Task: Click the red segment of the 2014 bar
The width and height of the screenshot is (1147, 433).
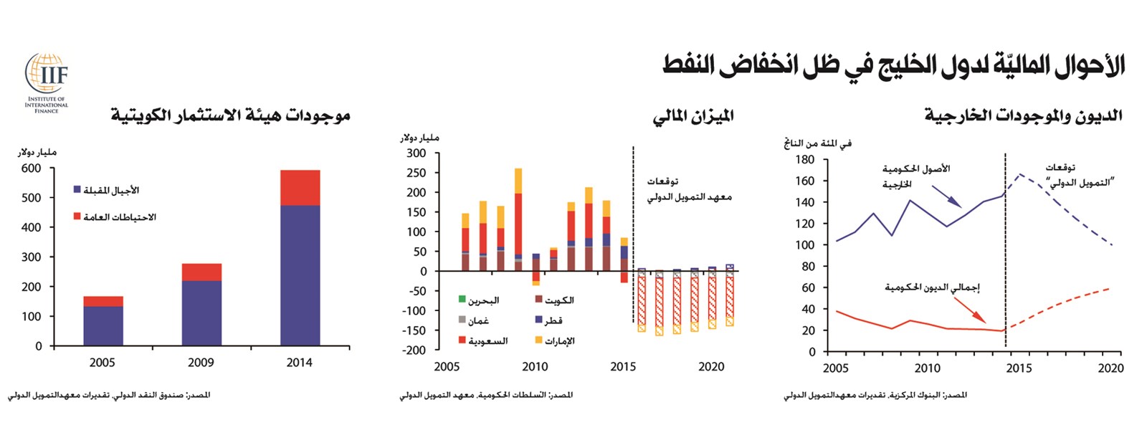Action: coord(300,188)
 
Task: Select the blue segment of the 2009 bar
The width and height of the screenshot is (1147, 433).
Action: coord(201,313)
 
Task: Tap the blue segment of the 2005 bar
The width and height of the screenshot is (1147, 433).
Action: coord(103,326)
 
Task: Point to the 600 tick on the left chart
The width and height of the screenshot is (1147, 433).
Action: coord(32,168)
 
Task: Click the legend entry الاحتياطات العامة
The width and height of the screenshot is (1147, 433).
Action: coord(115,217)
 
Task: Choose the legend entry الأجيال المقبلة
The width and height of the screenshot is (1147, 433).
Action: coord(106,190)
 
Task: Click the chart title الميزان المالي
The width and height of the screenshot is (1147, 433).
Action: coord(693,116)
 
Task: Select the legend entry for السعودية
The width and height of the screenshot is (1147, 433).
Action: coord(483,341)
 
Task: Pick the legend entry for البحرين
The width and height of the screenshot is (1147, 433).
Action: coord(479,300)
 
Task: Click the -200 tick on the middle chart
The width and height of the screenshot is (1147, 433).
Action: coord(415,351)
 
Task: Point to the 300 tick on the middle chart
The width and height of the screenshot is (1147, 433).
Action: coord(417,153)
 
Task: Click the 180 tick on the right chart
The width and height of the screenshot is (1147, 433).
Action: coord(805,160)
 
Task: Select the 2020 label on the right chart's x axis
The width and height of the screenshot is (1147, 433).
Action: coord(1110,368)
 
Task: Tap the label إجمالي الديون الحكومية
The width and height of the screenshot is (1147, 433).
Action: coord(932,287)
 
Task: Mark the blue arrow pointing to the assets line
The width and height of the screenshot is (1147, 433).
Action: coord(947,197)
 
